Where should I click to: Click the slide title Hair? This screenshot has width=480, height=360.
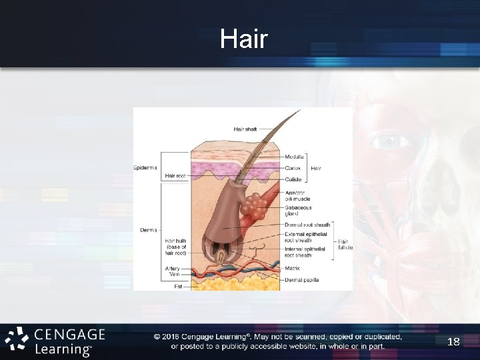[244, 39]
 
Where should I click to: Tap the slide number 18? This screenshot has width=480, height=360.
[453, 342]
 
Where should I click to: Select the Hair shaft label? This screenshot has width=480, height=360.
[245, 129]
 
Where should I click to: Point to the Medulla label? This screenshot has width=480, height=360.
[294, 157]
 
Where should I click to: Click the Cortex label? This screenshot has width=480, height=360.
[293, 168]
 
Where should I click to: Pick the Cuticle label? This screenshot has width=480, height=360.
[293, 179]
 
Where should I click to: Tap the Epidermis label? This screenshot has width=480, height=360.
[145, 168]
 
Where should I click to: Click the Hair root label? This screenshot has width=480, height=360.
[175, 175]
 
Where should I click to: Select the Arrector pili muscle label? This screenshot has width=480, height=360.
[297, 195]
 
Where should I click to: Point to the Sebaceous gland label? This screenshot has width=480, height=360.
[298, 211]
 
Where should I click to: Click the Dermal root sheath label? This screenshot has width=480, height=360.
[307, 225]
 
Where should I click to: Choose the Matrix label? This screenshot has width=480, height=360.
[292, 268]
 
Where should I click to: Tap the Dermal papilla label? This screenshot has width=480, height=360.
[301, 279]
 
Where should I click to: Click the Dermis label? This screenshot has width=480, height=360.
[148, 230]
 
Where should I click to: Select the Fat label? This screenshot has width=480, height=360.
[178, 286]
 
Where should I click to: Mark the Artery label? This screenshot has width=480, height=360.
[173, 269]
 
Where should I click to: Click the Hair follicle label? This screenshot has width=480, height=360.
[345, 245]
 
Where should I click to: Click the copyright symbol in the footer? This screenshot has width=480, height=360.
[157, 337]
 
